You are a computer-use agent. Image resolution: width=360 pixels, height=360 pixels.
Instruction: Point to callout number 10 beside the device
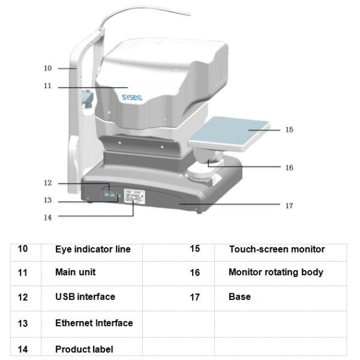coord(48,68)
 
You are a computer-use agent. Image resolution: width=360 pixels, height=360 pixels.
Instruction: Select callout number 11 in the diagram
coord(48,86)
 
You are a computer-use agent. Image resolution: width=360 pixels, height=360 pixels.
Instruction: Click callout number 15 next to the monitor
coord(289,129)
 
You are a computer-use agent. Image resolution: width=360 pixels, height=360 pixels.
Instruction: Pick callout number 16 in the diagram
coord(289,167)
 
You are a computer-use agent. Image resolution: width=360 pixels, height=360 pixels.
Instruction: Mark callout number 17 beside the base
coord(289,205)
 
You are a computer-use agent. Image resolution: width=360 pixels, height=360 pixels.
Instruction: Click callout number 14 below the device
coord(48,217)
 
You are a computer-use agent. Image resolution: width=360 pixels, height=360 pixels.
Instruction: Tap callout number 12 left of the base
coord(48,183)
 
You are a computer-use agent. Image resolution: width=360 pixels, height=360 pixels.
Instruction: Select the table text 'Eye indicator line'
coord(93,249)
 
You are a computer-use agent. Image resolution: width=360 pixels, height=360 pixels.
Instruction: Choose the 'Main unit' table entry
coord(76,272)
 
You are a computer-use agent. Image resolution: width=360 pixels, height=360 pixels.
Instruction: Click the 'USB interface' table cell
coord(85,296)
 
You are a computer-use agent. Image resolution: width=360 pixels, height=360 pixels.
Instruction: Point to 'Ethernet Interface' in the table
coord(94,323)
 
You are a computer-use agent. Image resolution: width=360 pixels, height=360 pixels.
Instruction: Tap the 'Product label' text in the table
coord(84,349)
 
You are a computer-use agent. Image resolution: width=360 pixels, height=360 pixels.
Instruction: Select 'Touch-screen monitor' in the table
coord(277,249)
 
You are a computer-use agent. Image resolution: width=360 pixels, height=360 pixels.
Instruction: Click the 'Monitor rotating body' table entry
coord(276,272)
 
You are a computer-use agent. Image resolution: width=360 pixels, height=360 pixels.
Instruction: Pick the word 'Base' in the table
coord(239,296)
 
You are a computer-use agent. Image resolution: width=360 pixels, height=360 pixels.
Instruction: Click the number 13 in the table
coord(23,323)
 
